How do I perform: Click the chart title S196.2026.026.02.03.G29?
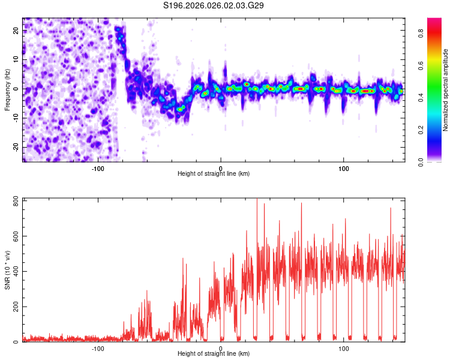point(214,5)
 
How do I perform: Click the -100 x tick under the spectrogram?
point(98,168)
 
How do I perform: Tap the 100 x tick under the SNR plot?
point(344,349)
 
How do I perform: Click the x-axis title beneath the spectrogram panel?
point(214,174)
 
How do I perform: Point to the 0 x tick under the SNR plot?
point(221,349)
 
